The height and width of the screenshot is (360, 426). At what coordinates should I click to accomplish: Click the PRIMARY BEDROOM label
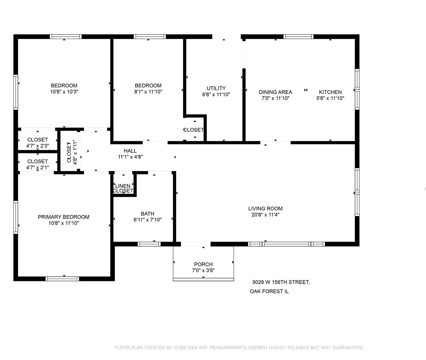(x=64, y=217)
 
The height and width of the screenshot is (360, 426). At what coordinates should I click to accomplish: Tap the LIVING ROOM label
(x=265, y=209)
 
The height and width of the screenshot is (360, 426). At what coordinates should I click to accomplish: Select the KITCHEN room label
(x=330, y=92)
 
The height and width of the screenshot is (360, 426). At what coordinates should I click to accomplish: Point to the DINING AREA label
(x=275, y=92)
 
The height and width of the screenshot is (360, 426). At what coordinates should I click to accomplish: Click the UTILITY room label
(x=216, y=88)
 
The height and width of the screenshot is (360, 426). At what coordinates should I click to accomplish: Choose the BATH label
(x=147, y=214)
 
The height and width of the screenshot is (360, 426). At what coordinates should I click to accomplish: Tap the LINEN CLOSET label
(x=123, y=188)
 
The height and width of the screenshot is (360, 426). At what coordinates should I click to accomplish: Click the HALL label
(x=130, y=151)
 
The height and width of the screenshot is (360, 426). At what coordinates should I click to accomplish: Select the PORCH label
(x=203, y=264)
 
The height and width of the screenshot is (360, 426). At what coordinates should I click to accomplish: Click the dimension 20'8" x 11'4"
(x=265, y=215)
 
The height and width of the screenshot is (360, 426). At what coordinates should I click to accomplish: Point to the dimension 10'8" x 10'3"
(x=64, y=92)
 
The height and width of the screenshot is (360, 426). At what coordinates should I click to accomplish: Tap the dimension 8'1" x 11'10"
(x=148, y=92)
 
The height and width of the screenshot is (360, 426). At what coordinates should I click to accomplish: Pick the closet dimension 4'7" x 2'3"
(x=38, y=146)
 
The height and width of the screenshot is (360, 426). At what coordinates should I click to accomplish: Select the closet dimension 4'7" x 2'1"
(x=38, y=167)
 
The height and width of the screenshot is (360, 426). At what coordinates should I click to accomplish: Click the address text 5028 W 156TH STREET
(x=281, y=282)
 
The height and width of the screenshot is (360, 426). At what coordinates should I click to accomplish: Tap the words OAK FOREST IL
(x=269, y=291)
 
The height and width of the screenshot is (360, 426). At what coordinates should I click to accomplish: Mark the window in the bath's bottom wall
(x=149, y=244)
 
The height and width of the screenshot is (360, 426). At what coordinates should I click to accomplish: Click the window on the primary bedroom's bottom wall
(x=62, y=279)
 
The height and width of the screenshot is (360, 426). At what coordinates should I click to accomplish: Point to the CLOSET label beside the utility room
(x=194, y=130)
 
